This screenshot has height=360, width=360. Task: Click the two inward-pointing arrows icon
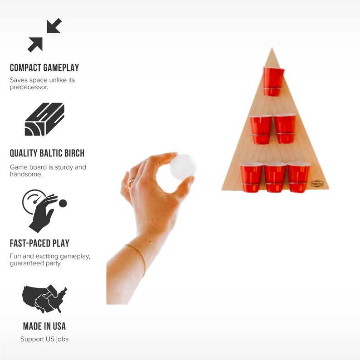(x=44, y=35)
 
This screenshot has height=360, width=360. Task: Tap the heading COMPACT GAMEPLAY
(x=44, y=68)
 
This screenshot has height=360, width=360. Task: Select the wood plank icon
(x=44, y=119)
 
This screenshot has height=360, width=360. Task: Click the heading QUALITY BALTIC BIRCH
(x=47, y=153)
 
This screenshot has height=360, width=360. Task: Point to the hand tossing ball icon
(x=44, y=211)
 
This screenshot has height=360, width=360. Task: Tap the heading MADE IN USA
(x=44, y=326)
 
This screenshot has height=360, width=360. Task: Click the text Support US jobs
(x=44, y=339)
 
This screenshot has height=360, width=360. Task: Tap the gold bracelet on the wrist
(x=136, y=256)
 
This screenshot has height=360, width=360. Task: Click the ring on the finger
(x=131, y=182)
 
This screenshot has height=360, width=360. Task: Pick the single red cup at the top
(x=273, y=81)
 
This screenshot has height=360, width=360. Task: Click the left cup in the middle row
(x=261, y=129)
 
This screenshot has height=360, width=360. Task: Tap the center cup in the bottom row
(x=275, y=177)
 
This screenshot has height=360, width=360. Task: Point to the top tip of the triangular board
(x=272, y=49)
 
